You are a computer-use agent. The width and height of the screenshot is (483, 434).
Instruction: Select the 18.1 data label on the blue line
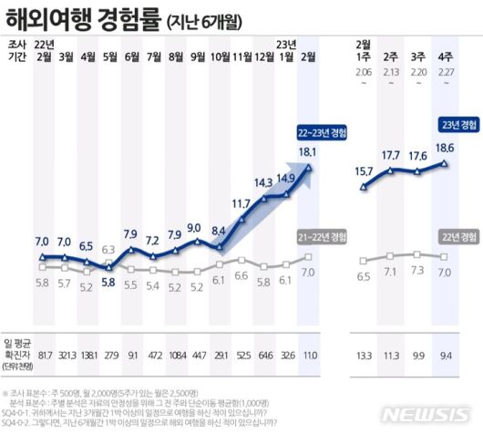(x=307, y=152)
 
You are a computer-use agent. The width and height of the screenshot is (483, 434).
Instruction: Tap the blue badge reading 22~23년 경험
(x=318, y=131)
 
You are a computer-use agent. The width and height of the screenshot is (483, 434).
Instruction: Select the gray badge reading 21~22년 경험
(x=320, y=237)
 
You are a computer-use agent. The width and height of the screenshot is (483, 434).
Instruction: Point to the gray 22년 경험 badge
(x=455, y=237)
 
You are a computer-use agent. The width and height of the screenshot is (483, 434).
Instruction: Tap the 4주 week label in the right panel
(x=445, y=57)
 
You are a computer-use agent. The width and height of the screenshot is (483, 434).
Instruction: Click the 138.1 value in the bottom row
(x=87, y=356)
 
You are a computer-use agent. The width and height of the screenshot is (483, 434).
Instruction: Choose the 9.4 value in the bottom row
(x=445, y=356)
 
